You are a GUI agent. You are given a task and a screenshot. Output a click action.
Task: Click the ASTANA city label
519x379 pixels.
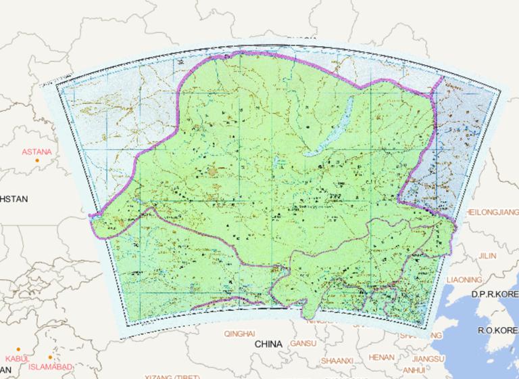[x=36, y=152]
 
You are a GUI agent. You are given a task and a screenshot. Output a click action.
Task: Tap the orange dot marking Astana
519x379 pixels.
[x=49, y=160]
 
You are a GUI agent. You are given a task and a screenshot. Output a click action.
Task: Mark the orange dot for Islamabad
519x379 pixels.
[x=50, y=357]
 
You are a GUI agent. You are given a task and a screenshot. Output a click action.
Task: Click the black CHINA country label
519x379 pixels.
[x=268, y=344]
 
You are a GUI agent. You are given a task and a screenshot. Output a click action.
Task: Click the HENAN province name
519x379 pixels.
[x=382, y=357]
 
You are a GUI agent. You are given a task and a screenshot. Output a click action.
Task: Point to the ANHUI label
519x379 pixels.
[x=414, y=370]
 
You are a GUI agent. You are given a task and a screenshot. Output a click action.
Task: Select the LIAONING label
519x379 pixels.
[x=464, y=280]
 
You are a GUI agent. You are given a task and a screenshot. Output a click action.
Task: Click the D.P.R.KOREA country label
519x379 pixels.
[x=495, y=295]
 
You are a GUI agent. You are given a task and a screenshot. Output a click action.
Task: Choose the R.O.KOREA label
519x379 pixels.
[x=497, y=330]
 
